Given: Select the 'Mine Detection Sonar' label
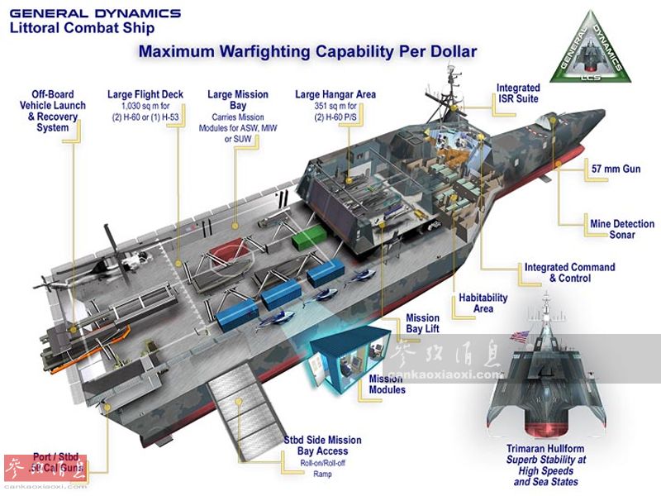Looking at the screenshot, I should (x=622, y=229).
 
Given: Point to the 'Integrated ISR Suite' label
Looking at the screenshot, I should (x=518, y=93).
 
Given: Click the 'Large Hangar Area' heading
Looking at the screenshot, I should (x=335, y=95).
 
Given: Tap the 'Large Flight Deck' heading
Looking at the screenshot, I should (x=145, y=95).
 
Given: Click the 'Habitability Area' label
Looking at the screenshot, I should (x=484, y=303).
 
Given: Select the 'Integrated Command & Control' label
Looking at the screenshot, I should (x=569, y=273).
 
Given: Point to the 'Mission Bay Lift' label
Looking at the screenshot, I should (x=422, y=324).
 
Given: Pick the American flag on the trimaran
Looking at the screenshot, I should (x=520, y=336).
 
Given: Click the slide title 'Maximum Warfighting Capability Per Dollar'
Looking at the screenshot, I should (x=307, y=51).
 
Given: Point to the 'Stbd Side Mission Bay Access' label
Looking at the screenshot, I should (x=322, y=446).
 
